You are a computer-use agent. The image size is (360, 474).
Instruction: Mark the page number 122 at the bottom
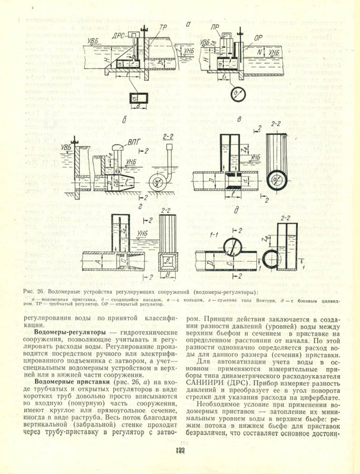point(177,451)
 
